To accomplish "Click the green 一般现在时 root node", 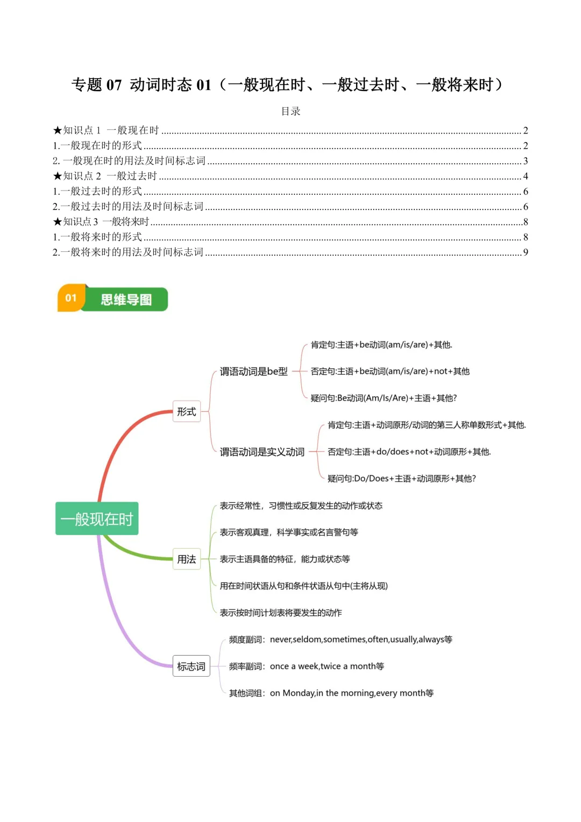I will click(97, 518).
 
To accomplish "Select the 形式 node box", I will click(186, 411).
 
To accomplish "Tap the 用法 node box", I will click(186, 559).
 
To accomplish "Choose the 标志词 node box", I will click(191, 666).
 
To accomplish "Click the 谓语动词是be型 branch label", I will click(253, 371).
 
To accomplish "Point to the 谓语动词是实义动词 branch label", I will click(262, 452).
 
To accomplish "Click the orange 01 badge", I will click(71, 298).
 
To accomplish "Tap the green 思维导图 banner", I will click(126, 299).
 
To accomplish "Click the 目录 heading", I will click(290, 111).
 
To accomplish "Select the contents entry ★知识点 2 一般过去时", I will click(105, 176).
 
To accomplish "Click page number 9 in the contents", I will click(526, 252).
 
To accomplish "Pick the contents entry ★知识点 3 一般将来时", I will click(101, 222).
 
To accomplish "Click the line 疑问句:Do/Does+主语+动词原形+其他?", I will click(401, 479).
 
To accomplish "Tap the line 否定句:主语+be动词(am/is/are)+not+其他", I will click(390, 371).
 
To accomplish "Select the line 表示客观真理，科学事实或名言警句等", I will click(288, 532).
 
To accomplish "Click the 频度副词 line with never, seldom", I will click(341, 640).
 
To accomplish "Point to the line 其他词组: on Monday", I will click(331, 693).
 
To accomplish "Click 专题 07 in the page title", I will click(97, 85).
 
